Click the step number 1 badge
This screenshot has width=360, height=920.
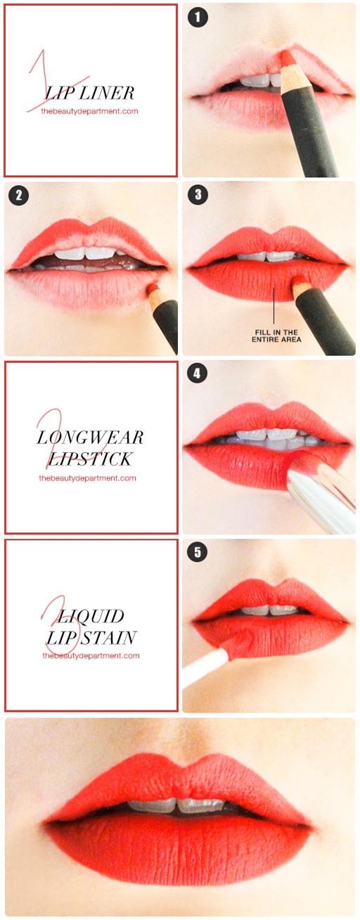[198, 18]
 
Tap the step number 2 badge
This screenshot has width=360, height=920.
[19, 196]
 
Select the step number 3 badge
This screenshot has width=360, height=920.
[198, 195]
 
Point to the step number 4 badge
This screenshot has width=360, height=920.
[197, 373]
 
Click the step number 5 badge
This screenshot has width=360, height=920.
[198, 551]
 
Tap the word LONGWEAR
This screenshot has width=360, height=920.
[90, 437]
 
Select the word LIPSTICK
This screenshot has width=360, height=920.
[90, 459]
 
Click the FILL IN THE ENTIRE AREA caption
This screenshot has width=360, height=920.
[276, 336]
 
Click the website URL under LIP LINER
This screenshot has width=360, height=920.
[89, 111]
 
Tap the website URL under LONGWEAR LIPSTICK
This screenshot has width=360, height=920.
[87, 478]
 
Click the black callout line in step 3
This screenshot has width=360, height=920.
[274, 305]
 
